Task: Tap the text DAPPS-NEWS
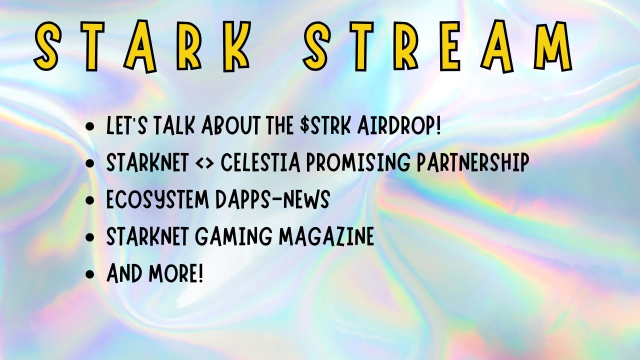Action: (272, 200)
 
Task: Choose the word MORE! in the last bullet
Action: (176, 273)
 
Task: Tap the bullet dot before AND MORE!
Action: (90, 274)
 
